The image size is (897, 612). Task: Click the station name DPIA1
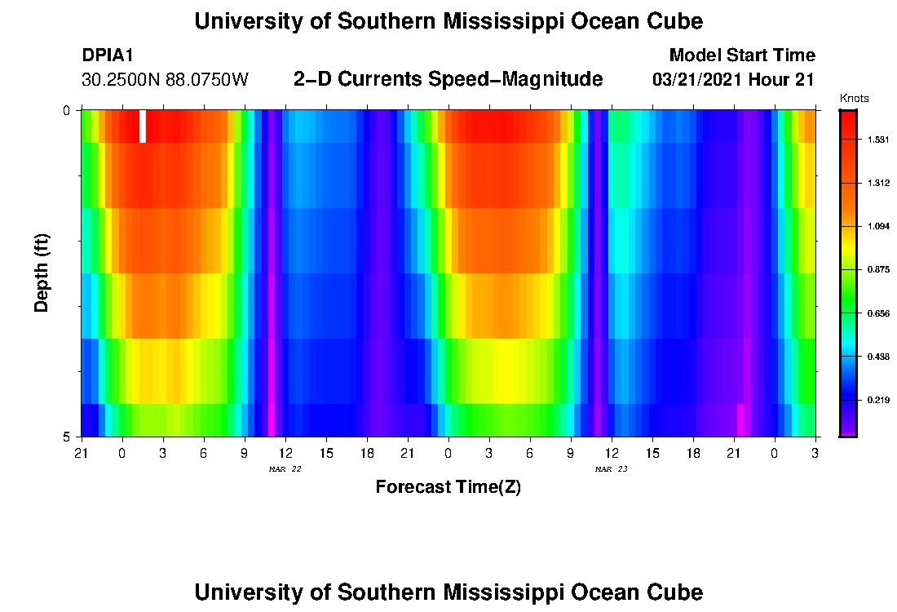pos(108,55)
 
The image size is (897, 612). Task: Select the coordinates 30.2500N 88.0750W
pos(165,80)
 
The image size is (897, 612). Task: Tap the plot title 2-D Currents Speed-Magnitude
pos(448,79)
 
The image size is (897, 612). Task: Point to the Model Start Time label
pos(741,55)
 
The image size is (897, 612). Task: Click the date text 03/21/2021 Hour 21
pos(734,80)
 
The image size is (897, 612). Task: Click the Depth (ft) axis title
pos(42,273)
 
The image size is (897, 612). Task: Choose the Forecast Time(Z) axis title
pos(448,487)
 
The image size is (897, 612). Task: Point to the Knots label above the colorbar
pos(854,99)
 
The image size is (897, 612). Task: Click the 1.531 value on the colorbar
pos(877,140)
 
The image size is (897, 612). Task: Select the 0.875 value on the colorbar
pos(877,270)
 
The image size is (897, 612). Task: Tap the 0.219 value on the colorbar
pos(877,400)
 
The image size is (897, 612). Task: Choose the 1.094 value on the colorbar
pos(877,227)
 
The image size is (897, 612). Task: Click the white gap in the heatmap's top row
pos(143,126)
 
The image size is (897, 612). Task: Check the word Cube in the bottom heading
pos(674,592)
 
